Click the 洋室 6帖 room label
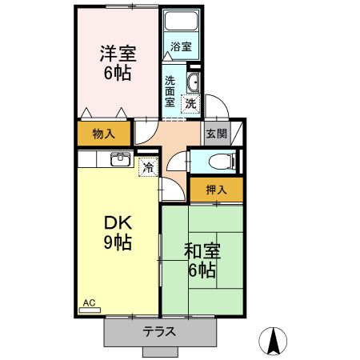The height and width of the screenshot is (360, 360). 118,63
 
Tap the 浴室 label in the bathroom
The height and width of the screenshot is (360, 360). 181,47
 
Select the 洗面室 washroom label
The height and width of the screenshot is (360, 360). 170,91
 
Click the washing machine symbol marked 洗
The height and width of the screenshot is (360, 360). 190,103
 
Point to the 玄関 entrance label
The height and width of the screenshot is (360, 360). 215,134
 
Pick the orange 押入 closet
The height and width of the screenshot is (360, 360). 216,190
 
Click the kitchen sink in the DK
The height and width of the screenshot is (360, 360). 120,158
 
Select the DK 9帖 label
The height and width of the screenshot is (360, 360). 118,232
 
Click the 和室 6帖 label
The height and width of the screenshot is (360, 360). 201,260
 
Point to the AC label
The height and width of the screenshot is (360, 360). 89,304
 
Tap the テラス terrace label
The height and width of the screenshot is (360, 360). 160,331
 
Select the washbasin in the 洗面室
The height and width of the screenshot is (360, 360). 194,83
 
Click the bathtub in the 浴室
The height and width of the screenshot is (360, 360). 181,24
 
